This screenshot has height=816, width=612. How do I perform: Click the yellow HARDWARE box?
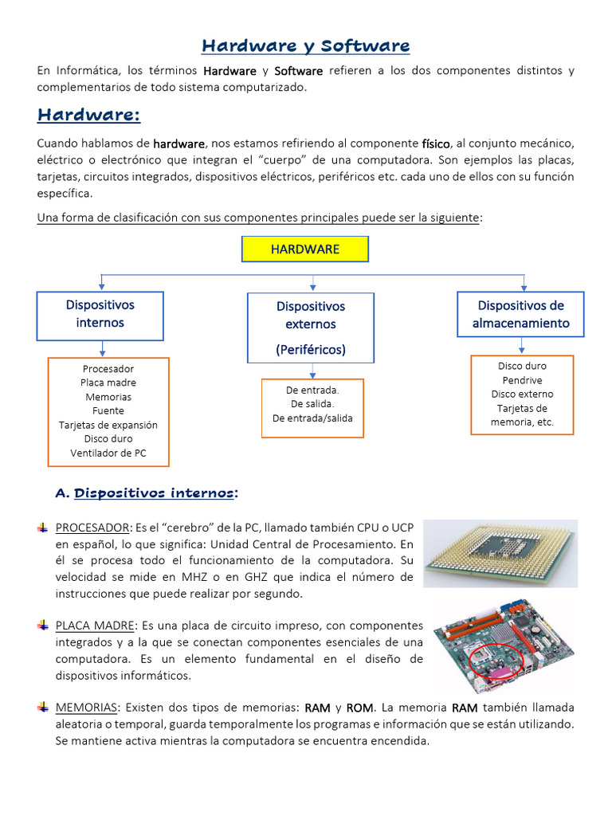point(305,249)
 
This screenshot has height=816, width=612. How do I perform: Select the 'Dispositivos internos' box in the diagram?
point(100,314)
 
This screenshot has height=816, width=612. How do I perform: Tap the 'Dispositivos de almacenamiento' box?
point(520,314)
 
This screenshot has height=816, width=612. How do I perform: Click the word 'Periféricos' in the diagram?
point(311,350)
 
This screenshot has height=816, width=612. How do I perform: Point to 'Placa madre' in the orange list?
point(108,383)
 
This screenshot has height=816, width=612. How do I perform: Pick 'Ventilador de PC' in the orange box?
point(108,453)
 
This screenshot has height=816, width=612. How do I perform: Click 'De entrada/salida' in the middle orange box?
point(312,418)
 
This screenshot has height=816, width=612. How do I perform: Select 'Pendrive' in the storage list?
point(522,380)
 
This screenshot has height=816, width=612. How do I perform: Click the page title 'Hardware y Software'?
point(305,46)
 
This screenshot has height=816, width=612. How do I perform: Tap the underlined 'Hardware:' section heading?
point(88,116)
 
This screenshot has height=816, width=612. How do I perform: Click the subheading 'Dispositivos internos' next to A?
point(154,493)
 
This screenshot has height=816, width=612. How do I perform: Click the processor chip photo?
point(500,553)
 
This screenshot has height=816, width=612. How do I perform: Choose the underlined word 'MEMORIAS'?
point(86,708)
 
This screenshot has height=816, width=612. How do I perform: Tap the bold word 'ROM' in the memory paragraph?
point(360,708)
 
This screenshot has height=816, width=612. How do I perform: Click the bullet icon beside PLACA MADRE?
point(43,626)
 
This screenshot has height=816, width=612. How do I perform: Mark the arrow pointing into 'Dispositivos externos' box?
point(312,282)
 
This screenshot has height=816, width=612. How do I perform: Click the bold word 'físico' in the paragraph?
point(436,143)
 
